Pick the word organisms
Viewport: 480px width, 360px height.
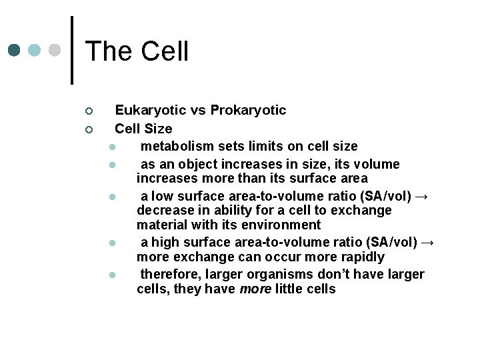267,274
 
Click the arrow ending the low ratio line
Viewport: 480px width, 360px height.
423,196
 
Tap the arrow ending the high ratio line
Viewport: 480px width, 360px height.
428,242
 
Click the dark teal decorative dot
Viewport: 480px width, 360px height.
15,51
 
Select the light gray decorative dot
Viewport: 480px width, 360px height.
56,51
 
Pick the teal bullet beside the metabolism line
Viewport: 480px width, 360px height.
114,147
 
